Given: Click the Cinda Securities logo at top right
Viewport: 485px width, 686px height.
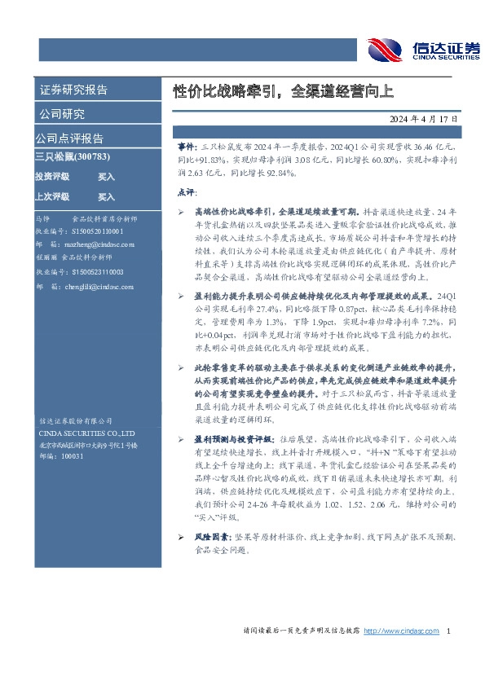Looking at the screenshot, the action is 422,49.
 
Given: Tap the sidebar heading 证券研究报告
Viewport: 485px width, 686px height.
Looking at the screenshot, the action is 73,90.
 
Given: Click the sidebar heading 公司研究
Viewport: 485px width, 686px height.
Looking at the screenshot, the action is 61,114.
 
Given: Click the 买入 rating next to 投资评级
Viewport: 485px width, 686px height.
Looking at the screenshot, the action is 107,176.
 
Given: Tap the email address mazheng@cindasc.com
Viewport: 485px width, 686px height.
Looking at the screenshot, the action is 96,244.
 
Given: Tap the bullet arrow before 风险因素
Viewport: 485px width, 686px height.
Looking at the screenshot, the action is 181,538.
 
